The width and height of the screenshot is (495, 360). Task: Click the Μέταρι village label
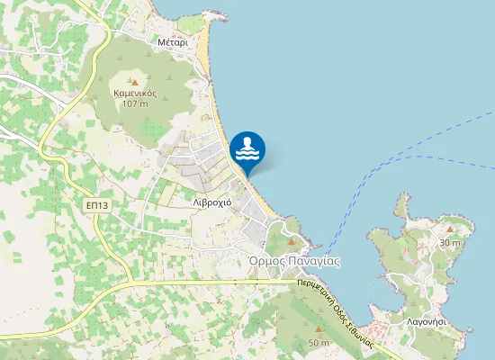(172, 42)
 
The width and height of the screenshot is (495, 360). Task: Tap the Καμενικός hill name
(136, 93)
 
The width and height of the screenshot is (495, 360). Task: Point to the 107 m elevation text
(136, 104)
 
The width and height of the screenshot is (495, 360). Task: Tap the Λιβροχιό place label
(212, 202)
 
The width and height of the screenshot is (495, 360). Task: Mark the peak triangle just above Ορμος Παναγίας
(291, 242)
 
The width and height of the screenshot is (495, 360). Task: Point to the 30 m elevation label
(450, 243)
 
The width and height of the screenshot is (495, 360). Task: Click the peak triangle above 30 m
(450, 231)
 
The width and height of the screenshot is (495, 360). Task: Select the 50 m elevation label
(319, 343)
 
